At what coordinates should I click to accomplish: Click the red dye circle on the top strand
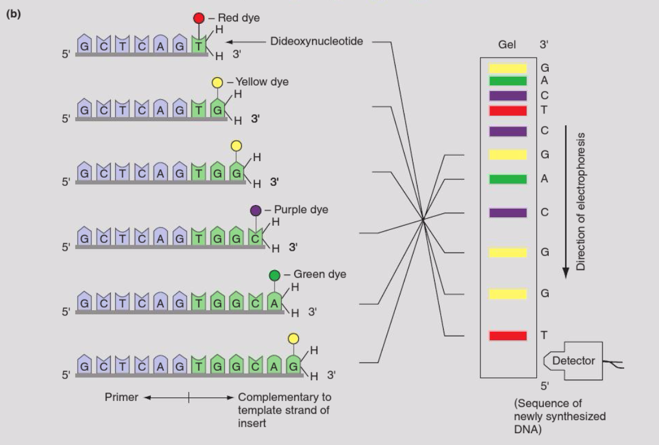tap(199, 18)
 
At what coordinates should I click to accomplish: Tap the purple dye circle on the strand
tap(256, 210)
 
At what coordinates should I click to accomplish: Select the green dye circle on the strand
tap(274, 275)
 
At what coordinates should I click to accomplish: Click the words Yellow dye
tap(262, 82)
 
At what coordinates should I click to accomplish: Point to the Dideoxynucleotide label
tap(317, 42)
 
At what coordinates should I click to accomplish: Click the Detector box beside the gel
tap(573, 361)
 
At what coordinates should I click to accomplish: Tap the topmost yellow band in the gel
tap(508, 68)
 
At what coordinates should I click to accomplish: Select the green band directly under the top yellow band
tap(508, 81)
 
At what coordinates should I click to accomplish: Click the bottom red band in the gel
tap(508, 336)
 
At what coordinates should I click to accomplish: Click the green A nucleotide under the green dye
tap(274, 304)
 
